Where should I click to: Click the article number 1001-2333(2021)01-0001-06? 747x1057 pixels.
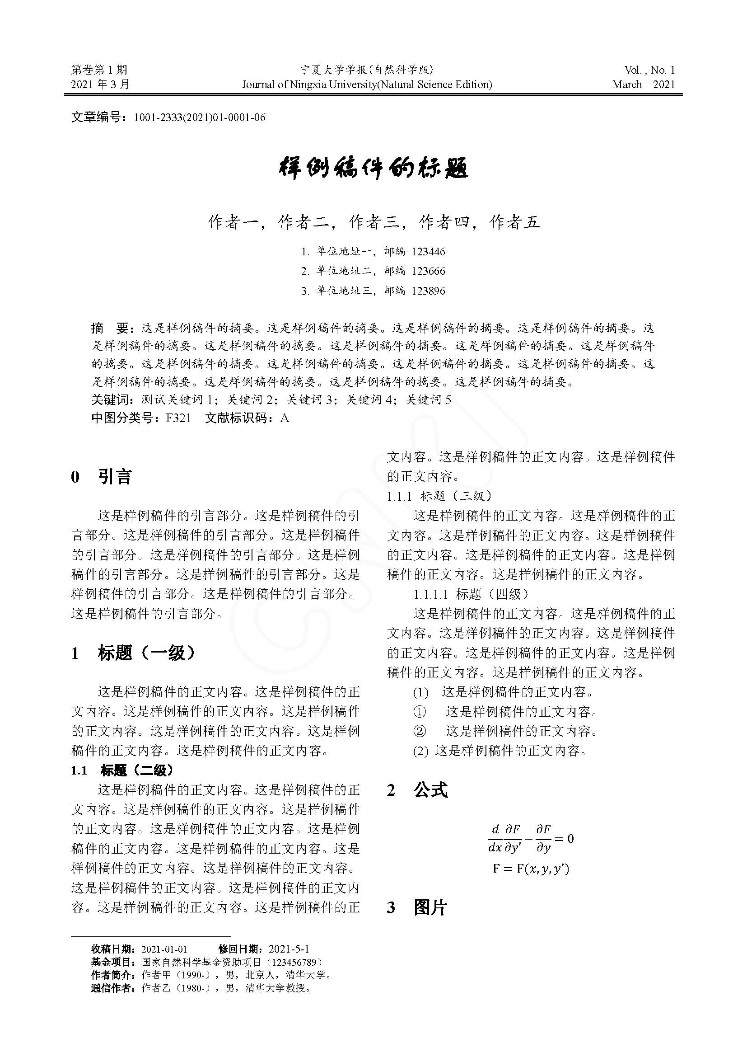tap(199, 118)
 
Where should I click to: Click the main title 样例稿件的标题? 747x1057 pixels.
tap(373, 169)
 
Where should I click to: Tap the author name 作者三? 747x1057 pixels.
tap(373, 222)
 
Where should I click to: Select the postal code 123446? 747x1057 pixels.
tap(428, 252)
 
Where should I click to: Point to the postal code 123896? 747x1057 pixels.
tap(428, 291)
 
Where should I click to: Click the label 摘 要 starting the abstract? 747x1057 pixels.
tap(111, 328)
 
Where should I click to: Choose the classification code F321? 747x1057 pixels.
tap(178, 418)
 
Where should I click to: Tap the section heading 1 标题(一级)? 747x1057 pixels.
tap(133, 653)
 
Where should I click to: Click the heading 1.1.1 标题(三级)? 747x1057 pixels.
tap(439, 496)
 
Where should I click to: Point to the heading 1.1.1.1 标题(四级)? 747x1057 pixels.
tap(471, 594)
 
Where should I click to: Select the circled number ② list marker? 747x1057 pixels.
tap(420, 731)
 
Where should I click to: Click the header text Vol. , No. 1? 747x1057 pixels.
tap(649, 70)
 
